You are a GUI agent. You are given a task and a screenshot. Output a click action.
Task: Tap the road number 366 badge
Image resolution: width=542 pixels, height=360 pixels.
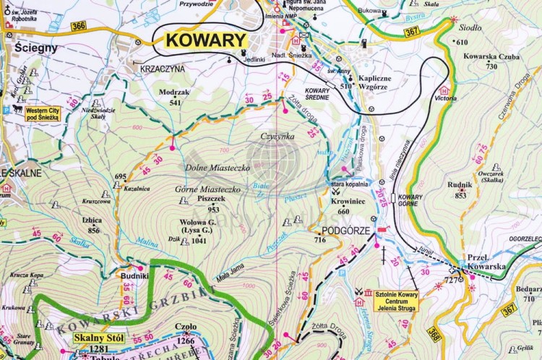79,26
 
